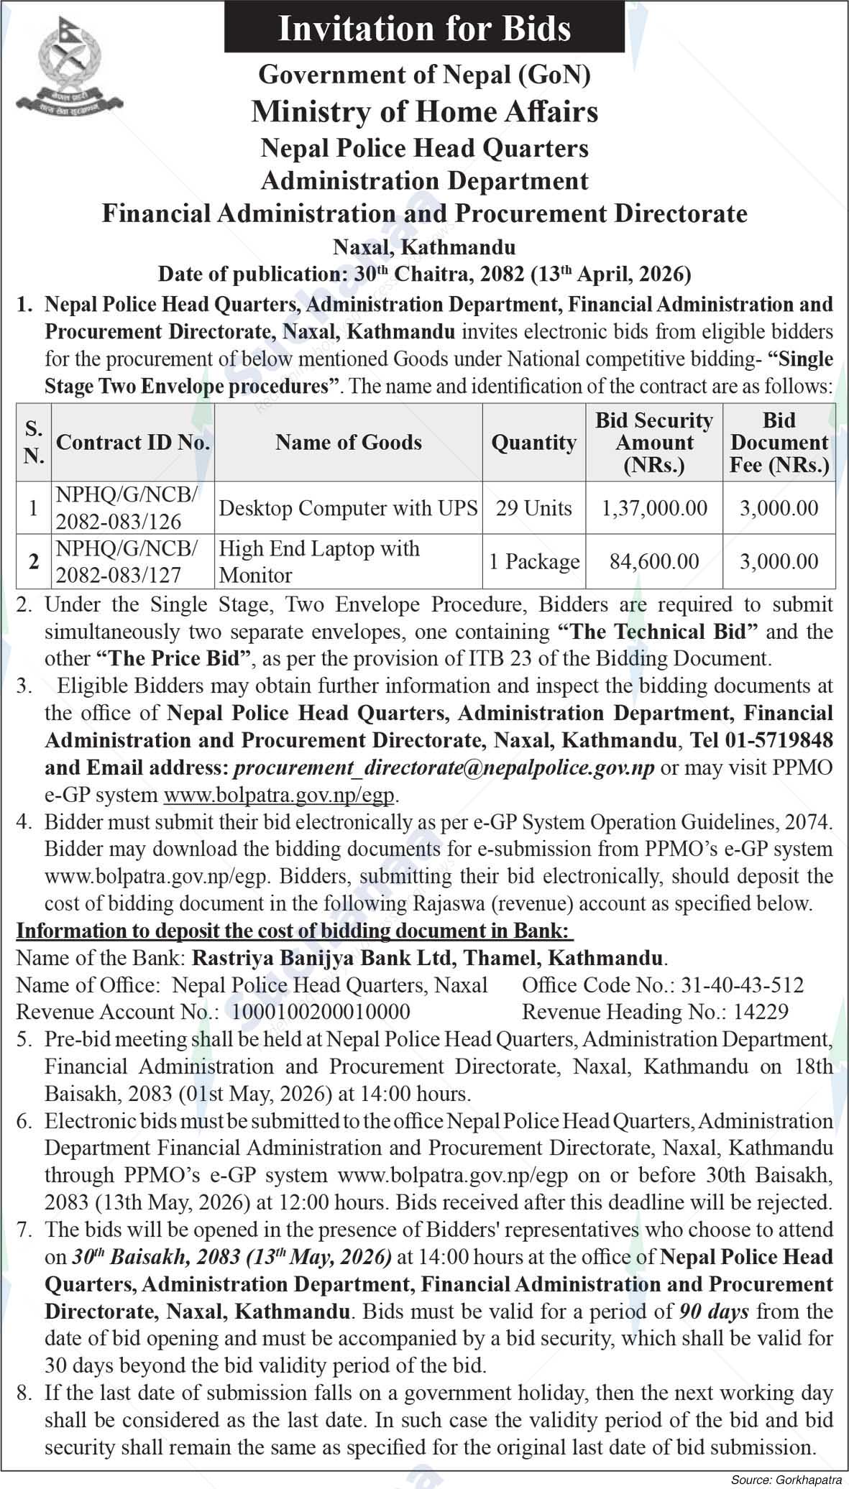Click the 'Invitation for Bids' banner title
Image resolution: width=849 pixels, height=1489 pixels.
pos(424,29)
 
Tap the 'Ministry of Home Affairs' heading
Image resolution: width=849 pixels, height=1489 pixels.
pos(424,111)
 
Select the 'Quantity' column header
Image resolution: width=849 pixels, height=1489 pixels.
pos(533,442)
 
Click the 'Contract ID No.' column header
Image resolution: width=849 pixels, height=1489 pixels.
pos(133,442)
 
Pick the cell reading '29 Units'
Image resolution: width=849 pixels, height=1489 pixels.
pos(533,508)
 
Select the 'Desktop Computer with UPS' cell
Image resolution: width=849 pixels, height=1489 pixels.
pos(348,508)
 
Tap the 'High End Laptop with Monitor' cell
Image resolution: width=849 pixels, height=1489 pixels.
pos(319,561)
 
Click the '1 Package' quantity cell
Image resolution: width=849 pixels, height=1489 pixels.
pos(533,561)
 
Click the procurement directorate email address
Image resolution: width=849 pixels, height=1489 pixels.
pos(444,767)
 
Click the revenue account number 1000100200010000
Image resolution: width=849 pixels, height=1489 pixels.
pos(321,1012)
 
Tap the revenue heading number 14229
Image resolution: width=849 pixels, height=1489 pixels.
pos(761,1012)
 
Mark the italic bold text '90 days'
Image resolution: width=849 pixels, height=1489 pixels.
pos(714,1311)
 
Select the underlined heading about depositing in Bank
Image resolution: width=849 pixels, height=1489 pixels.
pos(295,931)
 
